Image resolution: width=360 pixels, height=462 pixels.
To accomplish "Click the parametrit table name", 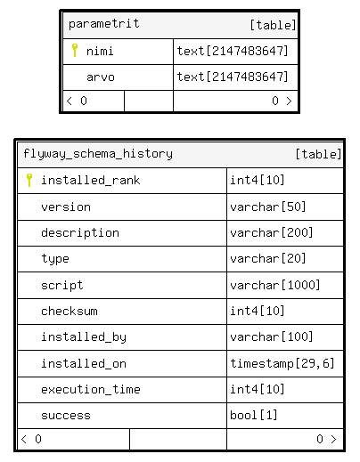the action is [103, 24].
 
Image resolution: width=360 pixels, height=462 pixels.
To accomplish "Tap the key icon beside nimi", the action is [75, 50].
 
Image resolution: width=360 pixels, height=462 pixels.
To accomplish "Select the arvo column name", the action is [101, 77].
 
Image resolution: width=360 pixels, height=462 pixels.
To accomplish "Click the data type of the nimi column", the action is [233, 51].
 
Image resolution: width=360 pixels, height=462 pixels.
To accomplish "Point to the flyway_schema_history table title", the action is [98, 154].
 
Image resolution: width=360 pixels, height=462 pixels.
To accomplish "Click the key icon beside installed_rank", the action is [29, 180].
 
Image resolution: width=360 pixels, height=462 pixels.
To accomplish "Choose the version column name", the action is [66, 207].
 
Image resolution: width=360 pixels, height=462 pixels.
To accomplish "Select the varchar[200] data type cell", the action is [272, 232].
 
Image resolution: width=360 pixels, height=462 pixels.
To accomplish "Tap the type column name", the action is [55, 259].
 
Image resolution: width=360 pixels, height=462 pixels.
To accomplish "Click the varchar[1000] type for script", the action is [275, 285].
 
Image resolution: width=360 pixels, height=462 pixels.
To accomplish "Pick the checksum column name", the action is [70, 311].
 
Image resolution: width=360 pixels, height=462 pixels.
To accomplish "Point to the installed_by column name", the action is [84, 337].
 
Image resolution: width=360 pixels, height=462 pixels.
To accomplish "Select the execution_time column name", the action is [91, 389].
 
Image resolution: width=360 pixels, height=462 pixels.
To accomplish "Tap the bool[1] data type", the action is [254, 415].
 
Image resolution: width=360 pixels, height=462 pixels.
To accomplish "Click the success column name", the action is [66, 416].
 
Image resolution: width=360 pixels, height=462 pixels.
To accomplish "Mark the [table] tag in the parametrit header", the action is [273, 25].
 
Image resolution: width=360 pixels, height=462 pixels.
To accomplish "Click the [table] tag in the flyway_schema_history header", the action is [318, 154].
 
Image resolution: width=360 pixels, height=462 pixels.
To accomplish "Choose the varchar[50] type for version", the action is [268, 207].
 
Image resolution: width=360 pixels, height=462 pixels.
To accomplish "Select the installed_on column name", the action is [84, 363].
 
